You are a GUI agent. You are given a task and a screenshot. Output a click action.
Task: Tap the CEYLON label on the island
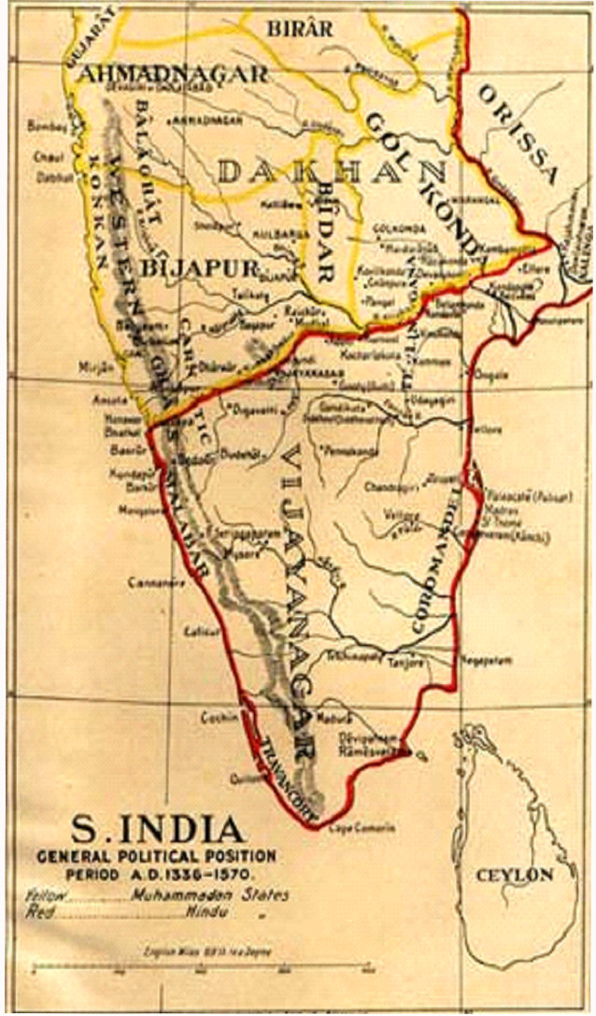[515, 876]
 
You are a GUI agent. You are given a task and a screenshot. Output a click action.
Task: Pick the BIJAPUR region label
[200, 268]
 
